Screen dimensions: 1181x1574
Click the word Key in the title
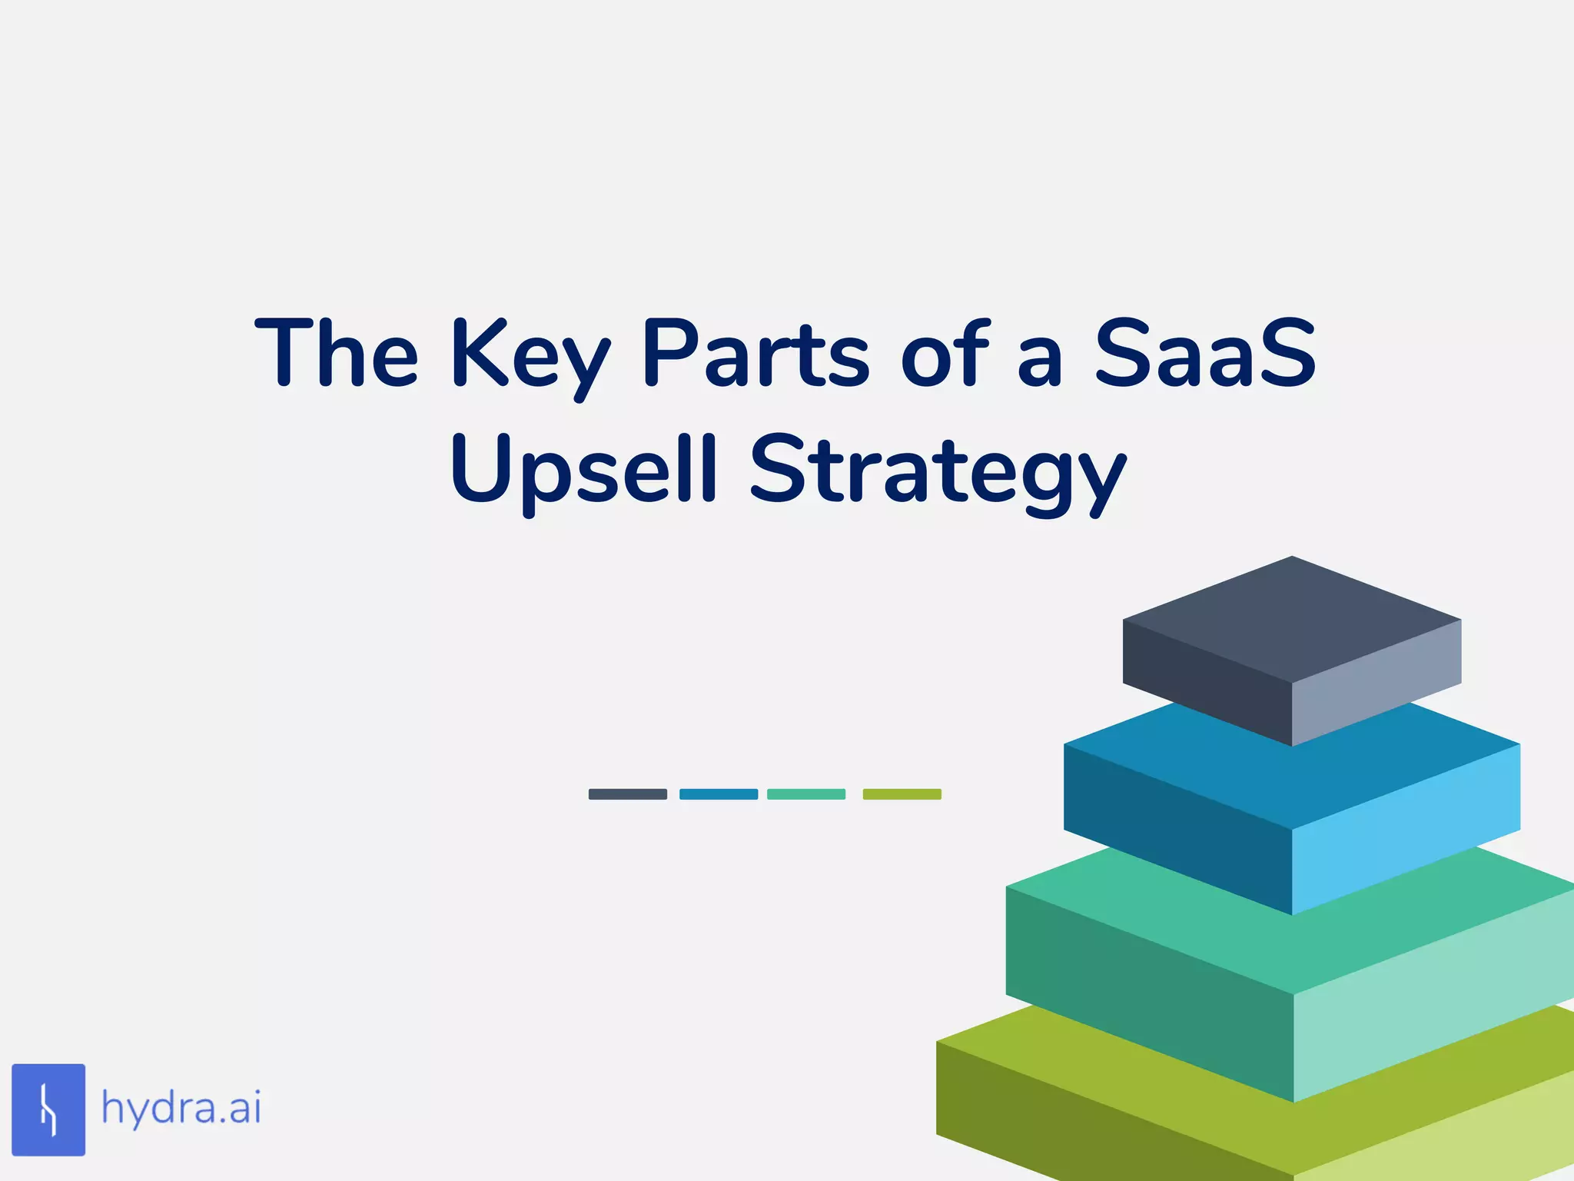530,355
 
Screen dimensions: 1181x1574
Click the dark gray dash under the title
627,794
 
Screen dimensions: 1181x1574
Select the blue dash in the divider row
719,794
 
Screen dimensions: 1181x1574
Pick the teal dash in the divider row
806,794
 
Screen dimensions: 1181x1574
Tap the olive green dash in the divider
902,794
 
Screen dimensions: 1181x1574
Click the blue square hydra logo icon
48,1109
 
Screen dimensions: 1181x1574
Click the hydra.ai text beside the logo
181,1109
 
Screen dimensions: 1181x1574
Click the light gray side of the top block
1376,684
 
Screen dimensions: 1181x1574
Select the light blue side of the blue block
1406,830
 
